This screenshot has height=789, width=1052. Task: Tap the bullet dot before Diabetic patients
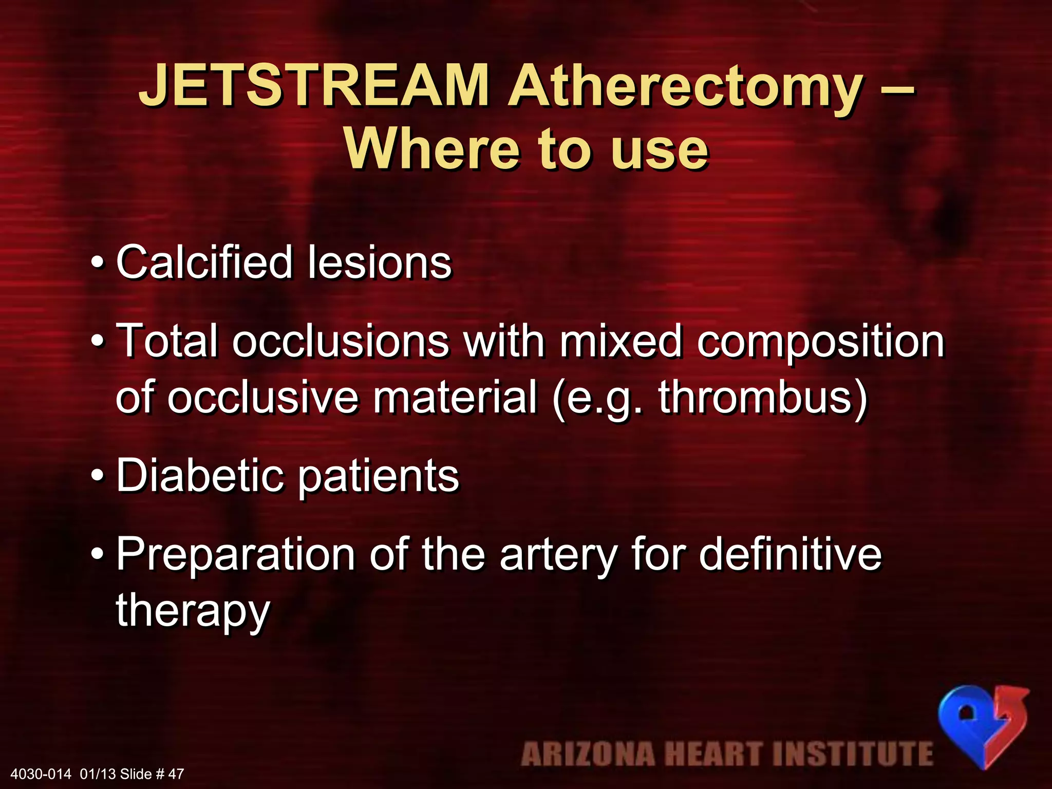coord(97,477)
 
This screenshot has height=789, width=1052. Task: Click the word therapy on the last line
coord(193,611)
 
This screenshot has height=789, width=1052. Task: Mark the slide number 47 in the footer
coord(176,774)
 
